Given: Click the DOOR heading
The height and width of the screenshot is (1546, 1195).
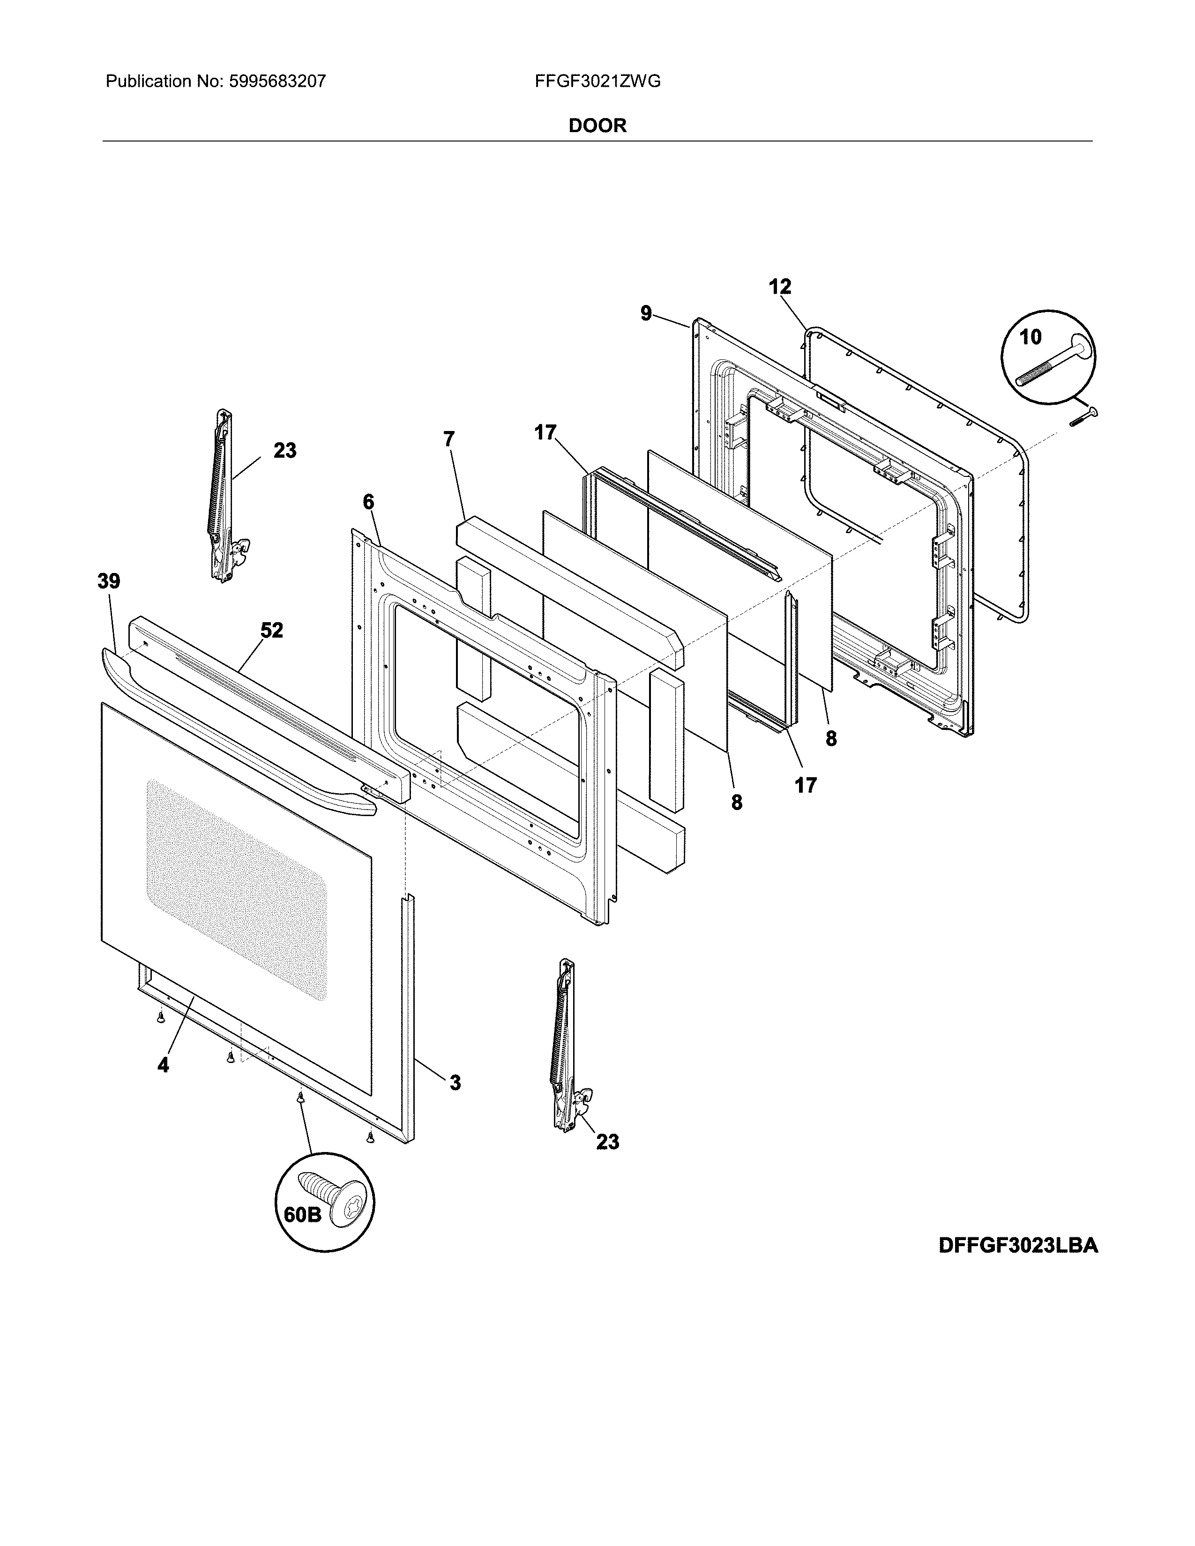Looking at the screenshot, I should [x=597, y=126].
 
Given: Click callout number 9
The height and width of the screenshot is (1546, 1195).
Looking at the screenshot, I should [x=646, y=313].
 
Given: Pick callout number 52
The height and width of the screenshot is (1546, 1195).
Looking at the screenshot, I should [x=271, y=630].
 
